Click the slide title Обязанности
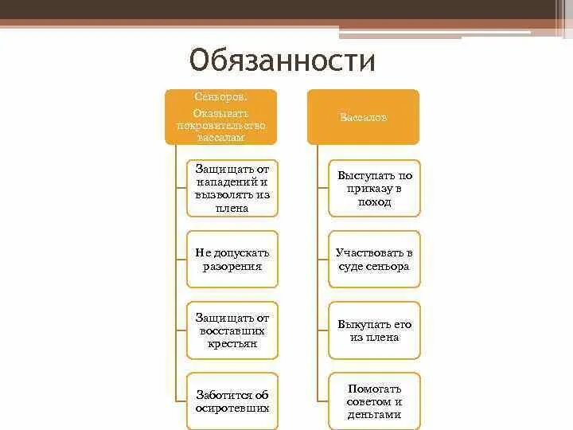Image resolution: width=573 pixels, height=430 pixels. (282, 61)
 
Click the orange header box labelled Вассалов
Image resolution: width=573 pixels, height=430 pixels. (363, 116)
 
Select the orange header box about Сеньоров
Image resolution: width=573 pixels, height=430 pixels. (220, 116)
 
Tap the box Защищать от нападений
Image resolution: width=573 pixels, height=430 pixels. (232, 188)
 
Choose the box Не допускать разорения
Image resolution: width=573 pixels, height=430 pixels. (232, 259)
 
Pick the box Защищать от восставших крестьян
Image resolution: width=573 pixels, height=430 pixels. (232, 330)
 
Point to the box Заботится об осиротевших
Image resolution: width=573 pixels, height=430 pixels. (232, 401)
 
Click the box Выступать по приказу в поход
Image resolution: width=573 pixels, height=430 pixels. (374, 188)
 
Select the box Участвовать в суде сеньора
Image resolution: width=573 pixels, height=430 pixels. (374, 259)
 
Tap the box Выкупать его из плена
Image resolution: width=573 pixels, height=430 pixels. (374, 330)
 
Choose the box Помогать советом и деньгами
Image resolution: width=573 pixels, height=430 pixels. (374, 401)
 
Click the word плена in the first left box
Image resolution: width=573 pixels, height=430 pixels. (232, 209)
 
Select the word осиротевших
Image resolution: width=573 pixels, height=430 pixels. (233, 408)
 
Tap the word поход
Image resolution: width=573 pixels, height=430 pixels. (374, 202)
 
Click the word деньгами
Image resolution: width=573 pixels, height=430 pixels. (374, 415)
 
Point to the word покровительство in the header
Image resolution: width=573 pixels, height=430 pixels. (220, 126)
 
